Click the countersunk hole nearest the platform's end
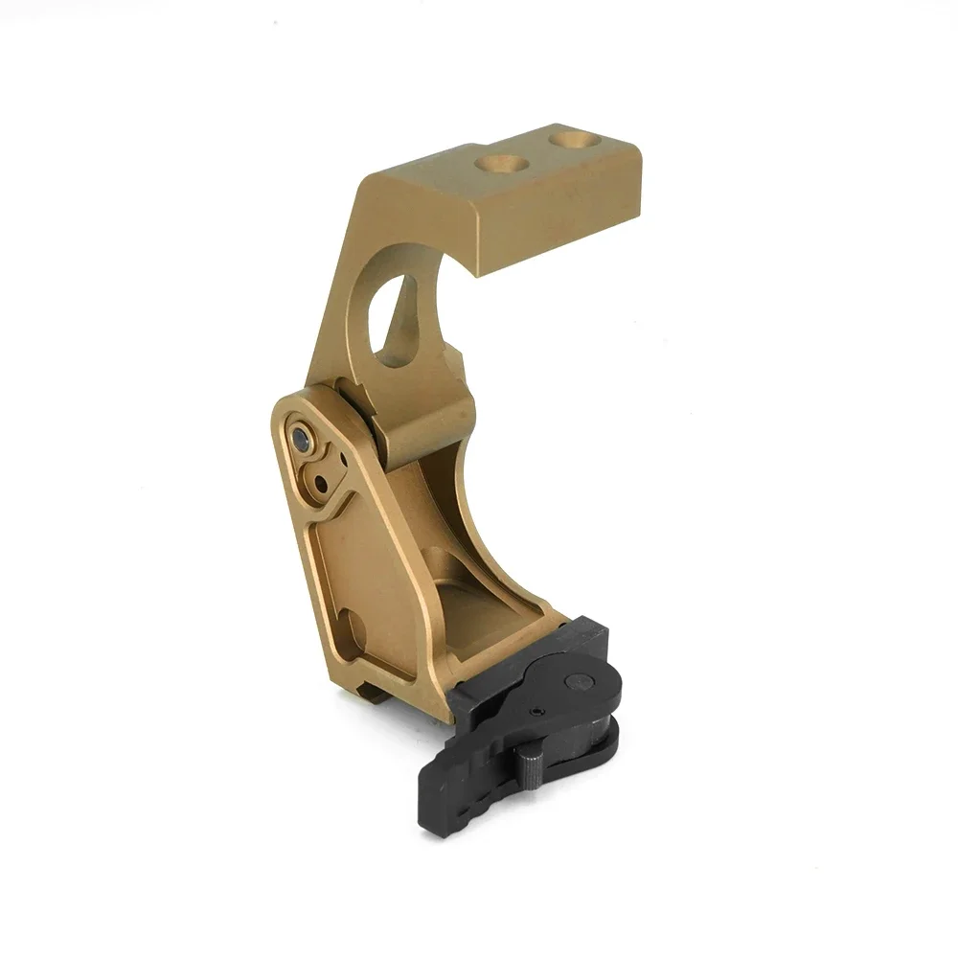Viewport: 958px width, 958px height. tap(576, 140)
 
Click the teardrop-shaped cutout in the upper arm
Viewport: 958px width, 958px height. tap(396, 322)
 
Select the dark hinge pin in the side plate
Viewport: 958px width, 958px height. tap(301, 441)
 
